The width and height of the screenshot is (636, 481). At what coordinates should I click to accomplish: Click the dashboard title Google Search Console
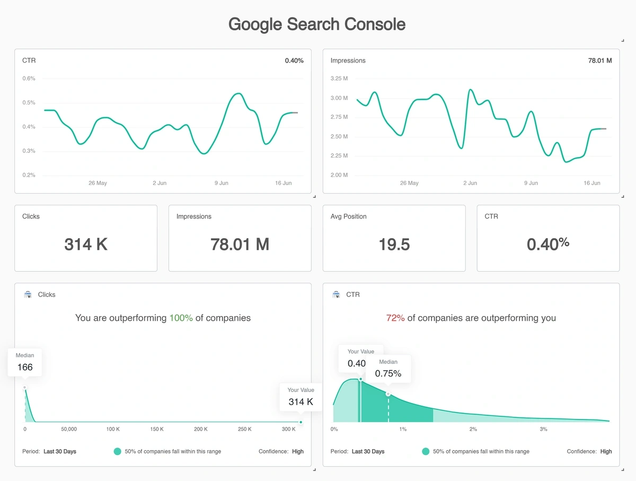[317, 24]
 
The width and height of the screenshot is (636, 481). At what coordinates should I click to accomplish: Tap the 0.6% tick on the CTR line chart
[29, 78]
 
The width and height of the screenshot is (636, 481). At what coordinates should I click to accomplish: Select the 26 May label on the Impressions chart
[409, 183]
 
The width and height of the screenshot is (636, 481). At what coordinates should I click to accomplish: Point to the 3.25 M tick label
[339, 78]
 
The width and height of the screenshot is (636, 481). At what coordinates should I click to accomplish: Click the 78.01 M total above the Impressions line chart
[600, 60]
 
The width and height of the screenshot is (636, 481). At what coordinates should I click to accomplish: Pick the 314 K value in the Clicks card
[86, 244]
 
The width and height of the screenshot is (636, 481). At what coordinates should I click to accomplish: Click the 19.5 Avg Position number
[394, 244]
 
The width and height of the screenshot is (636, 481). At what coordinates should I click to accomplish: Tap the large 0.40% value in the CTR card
[548, 244]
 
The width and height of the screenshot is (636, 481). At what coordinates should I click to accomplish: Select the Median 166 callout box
[25, 362]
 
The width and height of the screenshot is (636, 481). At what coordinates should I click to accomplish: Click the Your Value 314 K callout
[301, 397]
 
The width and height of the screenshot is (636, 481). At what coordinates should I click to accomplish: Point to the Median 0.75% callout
[388, 369]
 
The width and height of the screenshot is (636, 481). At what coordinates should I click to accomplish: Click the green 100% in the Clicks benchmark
[181, 318]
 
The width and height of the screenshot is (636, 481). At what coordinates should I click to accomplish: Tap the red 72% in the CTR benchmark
[395, 318]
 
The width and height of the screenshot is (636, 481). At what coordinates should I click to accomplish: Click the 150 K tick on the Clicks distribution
[157, 429]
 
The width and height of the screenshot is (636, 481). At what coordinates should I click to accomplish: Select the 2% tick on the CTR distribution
[473, 429]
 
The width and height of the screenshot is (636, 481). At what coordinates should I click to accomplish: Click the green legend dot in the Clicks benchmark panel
[118, 451]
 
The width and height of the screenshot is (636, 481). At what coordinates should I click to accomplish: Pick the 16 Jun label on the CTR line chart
[284, 183]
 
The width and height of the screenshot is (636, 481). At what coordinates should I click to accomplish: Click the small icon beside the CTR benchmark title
[336, 294]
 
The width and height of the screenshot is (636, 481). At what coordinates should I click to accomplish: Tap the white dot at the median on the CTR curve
[388, 394]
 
